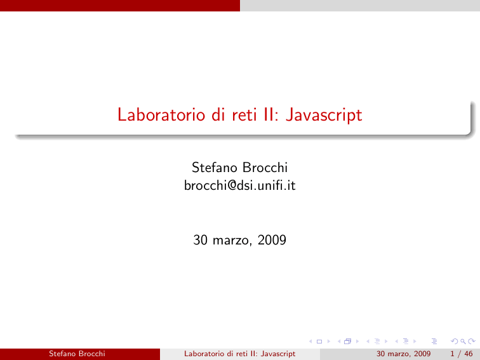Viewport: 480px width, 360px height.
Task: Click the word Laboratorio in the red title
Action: pos(161,115)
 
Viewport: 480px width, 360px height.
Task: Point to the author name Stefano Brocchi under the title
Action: pos(240,168)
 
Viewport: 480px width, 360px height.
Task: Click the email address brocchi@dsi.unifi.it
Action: pos(240,185)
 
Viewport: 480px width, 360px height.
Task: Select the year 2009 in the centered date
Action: pos(272,240)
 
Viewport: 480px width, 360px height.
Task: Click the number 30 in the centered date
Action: pos(200,240)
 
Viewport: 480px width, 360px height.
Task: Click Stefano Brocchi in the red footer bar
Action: pos(77,354)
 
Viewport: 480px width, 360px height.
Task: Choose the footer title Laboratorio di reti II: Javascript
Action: pos(240,354)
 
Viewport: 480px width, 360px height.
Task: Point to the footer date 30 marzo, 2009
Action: pos(403,354)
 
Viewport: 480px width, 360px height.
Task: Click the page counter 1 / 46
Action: pos(462,354)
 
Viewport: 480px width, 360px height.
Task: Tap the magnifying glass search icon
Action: pos(463,342)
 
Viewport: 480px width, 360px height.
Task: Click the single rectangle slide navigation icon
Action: pos(319,342)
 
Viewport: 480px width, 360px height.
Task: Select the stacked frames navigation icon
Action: pos(347,342)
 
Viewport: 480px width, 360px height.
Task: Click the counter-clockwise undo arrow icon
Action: pos(455,341)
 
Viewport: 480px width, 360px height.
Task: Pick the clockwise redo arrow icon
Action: pos(472,341)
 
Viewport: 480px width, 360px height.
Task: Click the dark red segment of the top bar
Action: pos(120,6)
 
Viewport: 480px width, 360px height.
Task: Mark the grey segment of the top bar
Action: pos(360,6)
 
